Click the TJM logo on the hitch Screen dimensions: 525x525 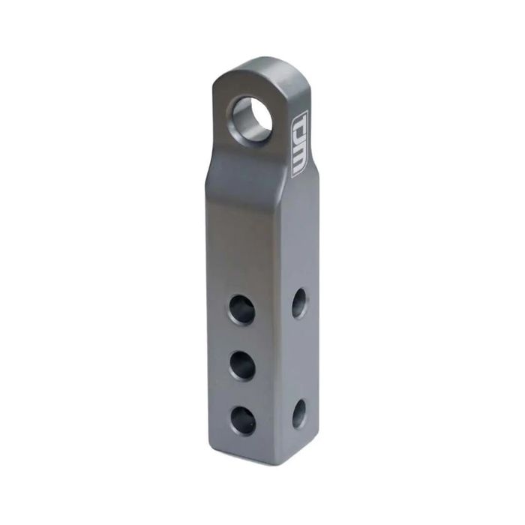(298, 145)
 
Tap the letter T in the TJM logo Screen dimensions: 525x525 (298, 124)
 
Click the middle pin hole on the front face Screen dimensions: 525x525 (243, 367)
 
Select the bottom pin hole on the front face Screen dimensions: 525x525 (244, 421)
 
